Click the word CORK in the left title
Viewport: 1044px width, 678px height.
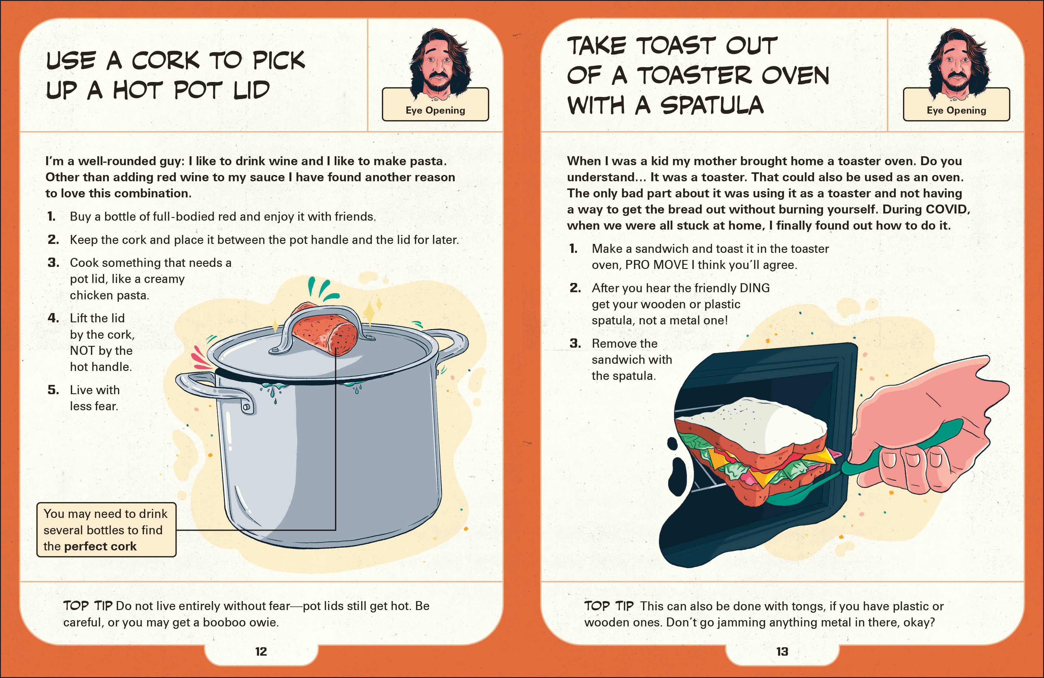[165, 61]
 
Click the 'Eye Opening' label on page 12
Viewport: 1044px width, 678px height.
[435, 110]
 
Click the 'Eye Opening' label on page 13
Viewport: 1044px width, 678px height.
[956, 110]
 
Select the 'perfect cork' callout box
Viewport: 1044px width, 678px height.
[106, 530]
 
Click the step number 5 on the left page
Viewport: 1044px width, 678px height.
[53, 390]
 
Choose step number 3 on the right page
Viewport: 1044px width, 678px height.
[575, 343]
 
